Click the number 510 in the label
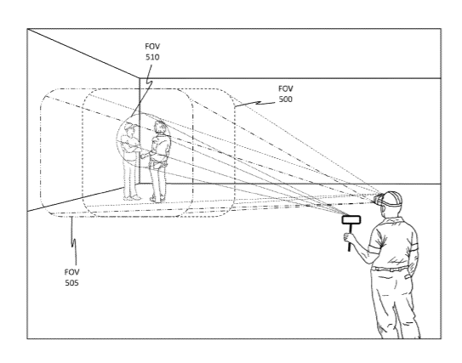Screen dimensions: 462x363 pos(152,57)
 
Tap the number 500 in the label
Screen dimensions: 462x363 pos(286,99)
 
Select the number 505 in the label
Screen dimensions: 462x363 pos(71,283)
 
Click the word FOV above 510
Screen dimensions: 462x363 pos(152,46)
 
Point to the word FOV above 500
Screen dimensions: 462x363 pos(286,88)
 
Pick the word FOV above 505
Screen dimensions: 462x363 pos(71,272)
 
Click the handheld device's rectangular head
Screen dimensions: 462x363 pos(351,220)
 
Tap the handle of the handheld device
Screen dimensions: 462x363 pos(350,238)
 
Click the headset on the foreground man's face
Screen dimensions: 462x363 pos(379,199)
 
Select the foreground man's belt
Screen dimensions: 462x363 pos(390,269)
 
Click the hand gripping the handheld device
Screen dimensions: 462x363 pos(348,237)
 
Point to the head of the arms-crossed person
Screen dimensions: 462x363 pos(130,129)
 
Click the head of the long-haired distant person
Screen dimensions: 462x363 pos(160,127)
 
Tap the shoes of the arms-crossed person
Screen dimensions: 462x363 pos(132,198)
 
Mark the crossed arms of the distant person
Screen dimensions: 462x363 pos(130,148)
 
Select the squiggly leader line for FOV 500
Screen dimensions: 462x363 pos(256,104)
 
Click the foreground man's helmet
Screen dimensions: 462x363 pos(392,198)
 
